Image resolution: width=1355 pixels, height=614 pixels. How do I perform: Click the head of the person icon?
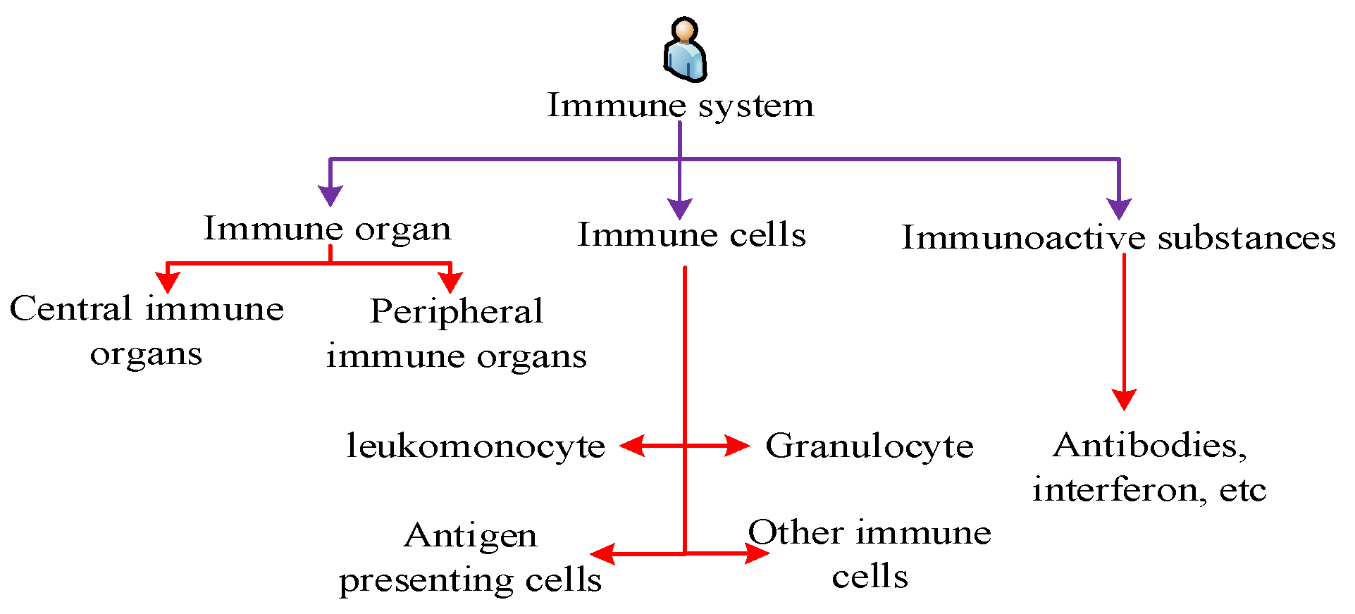click(x=685, y=30)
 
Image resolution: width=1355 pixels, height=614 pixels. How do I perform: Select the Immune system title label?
click(x=681, y=106)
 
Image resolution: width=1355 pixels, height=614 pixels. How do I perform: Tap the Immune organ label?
click(x=327, y=230)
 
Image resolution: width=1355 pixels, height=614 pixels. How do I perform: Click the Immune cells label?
click(x=691, y=234)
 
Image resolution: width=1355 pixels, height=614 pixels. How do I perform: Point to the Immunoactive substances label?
click(x=1118, y=238)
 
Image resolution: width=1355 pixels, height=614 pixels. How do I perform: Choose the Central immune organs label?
click(x=147, y=330)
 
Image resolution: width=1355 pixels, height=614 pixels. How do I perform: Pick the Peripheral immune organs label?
click(x=457, y=333)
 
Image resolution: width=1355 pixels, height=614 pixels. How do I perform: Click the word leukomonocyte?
click(x=476, y=446)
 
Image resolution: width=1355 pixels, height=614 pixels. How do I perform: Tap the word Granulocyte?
click(x=870, y=446)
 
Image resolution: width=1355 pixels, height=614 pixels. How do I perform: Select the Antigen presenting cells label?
click(x=470, y=557)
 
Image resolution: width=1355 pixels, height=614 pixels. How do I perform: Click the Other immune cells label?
click(x=870, y=554)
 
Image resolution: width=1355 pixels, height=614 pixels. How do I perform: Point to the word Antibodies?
click(x=1149, y=446)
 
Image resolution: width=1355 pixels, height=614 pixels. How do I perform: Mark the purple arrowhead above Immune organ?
click(x=330, y=195)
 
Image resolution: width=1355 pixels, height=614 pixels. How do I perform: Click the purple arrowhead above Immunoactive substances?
click(x=1119, y=208)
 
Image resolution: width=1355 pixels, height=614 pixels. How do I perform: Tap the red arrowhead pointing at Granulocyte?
click(x=738, y=446)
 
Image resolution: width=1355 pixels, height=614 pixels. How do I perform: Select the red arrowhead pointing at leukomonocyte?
click(x=632, y=446)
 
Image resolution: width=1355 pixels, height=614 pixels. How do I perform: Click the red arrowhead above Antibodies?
click(x=1124, y=399)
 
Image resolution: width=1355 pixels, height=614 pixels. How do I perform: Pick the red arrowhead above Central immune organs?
click(x=168, y=282)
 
